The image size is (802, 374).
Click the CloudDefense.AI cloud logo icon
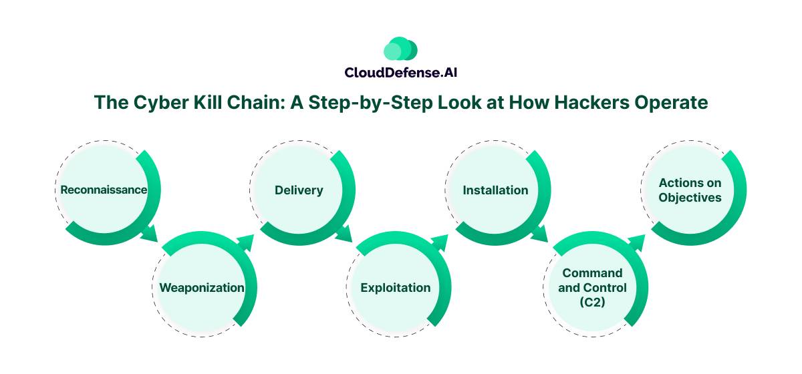pyautogui.click(x=400, y=49)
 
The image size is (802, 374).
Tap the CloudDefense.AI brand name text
pyautogui.click(x=400, y=72)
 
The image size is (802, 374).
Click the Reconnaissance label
pyautogui.click(x=104, y=190)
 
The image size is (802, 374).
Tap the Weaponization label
pyautogui.click(x=202, y=288)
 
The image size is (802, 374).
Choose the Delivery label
pyautogui.click(x=299, y=190)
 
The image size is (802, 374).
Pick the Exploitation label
pyautogui.click(x=396, y=288)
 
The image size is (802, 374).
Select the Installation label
pyautogui.click(x=495, y=190)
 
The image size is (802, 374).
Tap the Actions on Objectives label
pyautogui.click(x=690, y=190)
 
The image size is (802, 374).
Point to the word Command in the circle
pyautogui.click(x=592, y=273)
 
